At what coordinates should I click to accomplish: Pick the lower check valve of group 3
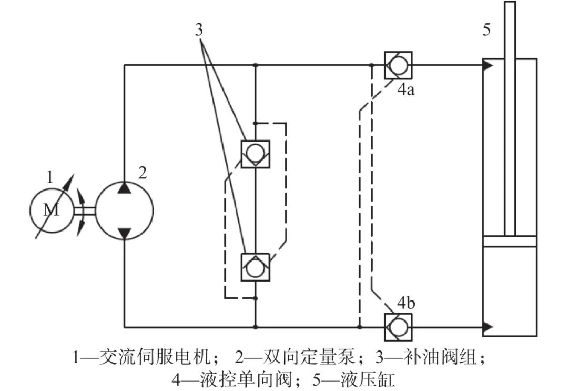point(255,267)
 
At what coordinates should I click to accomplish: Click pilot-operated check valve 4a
point(398,65)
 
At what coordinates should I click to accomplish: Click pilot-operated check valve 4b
point(398,327)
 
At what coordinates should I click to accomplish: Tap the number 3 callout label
point(199,30)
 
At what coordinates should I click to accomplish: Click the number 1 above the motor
point(50,177)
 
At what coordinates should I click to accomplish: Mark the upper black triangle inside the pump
point(125,188)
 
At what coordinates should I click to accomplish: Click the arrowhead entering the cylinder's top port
point(488,65)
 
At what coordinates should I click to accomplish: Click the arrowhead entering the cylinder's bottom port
point(488,327)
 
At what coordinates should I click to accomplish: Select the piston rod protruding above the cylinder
point(510,32)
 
